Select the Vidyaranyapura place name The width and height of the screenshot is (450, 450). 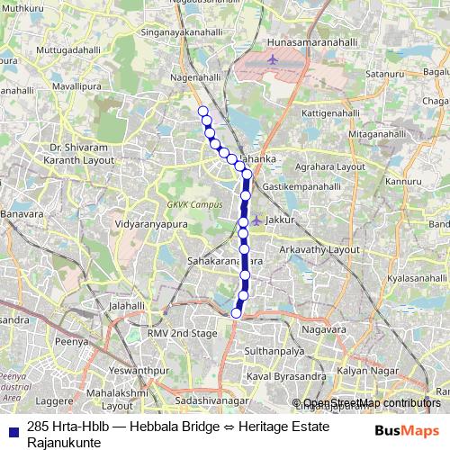click(148, 221)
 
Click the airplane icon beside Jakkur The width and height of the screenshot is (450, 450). click(257, 219)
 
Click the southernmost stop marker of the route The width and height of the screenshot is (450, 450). click(237, 313)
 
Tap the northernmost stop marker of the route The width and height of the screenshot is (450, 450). click(202, 111)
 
